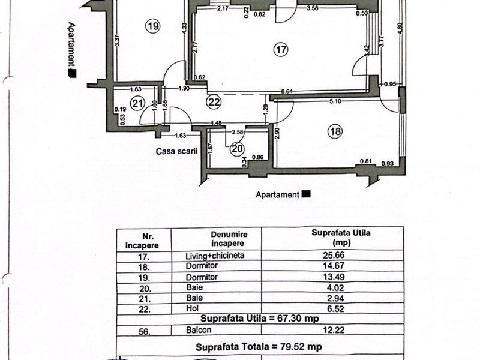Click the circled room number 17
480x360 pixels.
click(280, 50)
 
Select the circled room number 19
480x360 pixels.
click(154, 26)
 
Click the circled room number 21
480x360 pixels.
click(138, 104)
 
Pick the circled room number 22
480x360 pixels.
click(214, 103)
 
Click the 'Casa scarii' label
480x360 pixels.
click(178, 152)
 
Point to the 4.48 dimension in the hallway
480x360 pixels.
click(216, 124)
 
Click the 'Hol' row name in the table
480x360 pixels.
click(193, 307)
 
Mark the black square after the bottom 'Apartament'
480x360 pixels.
click(307, 194)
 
